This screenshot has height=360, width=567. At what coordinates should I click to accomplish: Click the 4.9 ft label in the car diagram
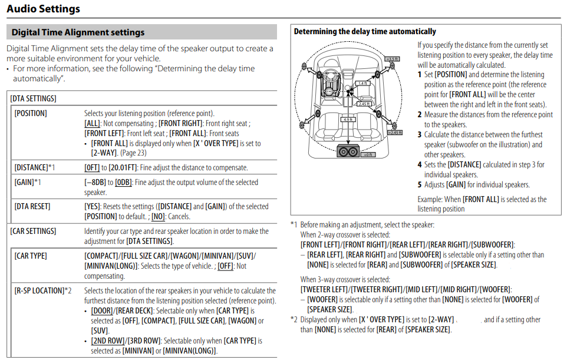348,120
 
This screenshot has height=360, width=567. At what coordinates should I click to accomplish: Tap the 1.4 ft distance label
362,84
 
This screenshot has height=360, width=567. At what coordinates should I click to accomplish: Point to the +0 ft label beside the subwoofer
367,154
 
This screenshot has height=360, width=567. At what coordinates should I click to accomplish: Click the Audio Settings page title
43,9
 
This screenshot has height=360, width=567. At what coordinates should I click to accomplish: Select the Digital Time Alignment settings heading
78,32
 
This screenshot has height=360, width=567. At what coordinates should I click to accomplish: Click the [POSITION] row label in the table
31,113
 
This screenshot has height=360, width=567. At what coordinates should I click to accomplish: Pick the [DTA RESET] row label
32,206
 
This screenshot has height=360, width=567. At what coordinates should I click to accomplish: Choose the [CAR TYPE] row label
31,256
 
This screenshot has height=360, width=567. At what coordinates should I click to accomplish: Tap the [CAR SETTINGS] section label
33,231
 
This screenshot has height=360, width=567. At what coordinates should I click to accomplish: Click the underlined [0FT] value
92,168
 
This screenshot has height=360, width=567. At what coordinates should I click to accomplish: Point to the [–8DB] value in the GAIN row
95,183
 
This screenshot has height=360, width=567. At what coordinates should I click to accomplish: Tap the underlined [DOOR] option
103,311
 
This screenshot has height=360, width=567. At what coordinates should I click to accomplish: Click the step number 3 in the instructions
420,134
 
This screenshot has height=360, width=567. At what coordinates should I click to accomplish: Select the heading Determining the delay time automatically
365,31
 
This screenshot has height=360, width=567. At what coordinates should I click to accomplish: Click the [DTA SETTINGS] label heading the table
33,98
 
